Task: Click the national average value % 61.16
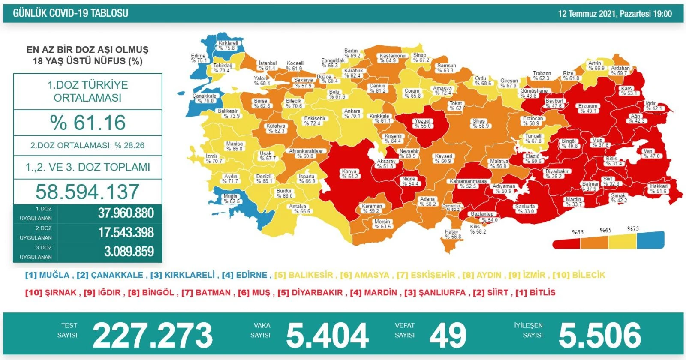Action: [88, 123]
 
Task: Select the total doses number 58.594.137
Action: [87, 192]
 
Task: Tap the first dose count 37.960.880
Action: [126, 213]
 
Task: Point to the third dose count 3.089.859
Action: [129, 252]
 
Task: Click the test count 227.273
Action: [153, 336]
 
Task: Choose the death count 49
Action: [448, 336]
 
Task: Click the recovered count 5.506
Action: [600, 336]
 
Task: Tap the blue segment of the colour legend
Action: [650, 240]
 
